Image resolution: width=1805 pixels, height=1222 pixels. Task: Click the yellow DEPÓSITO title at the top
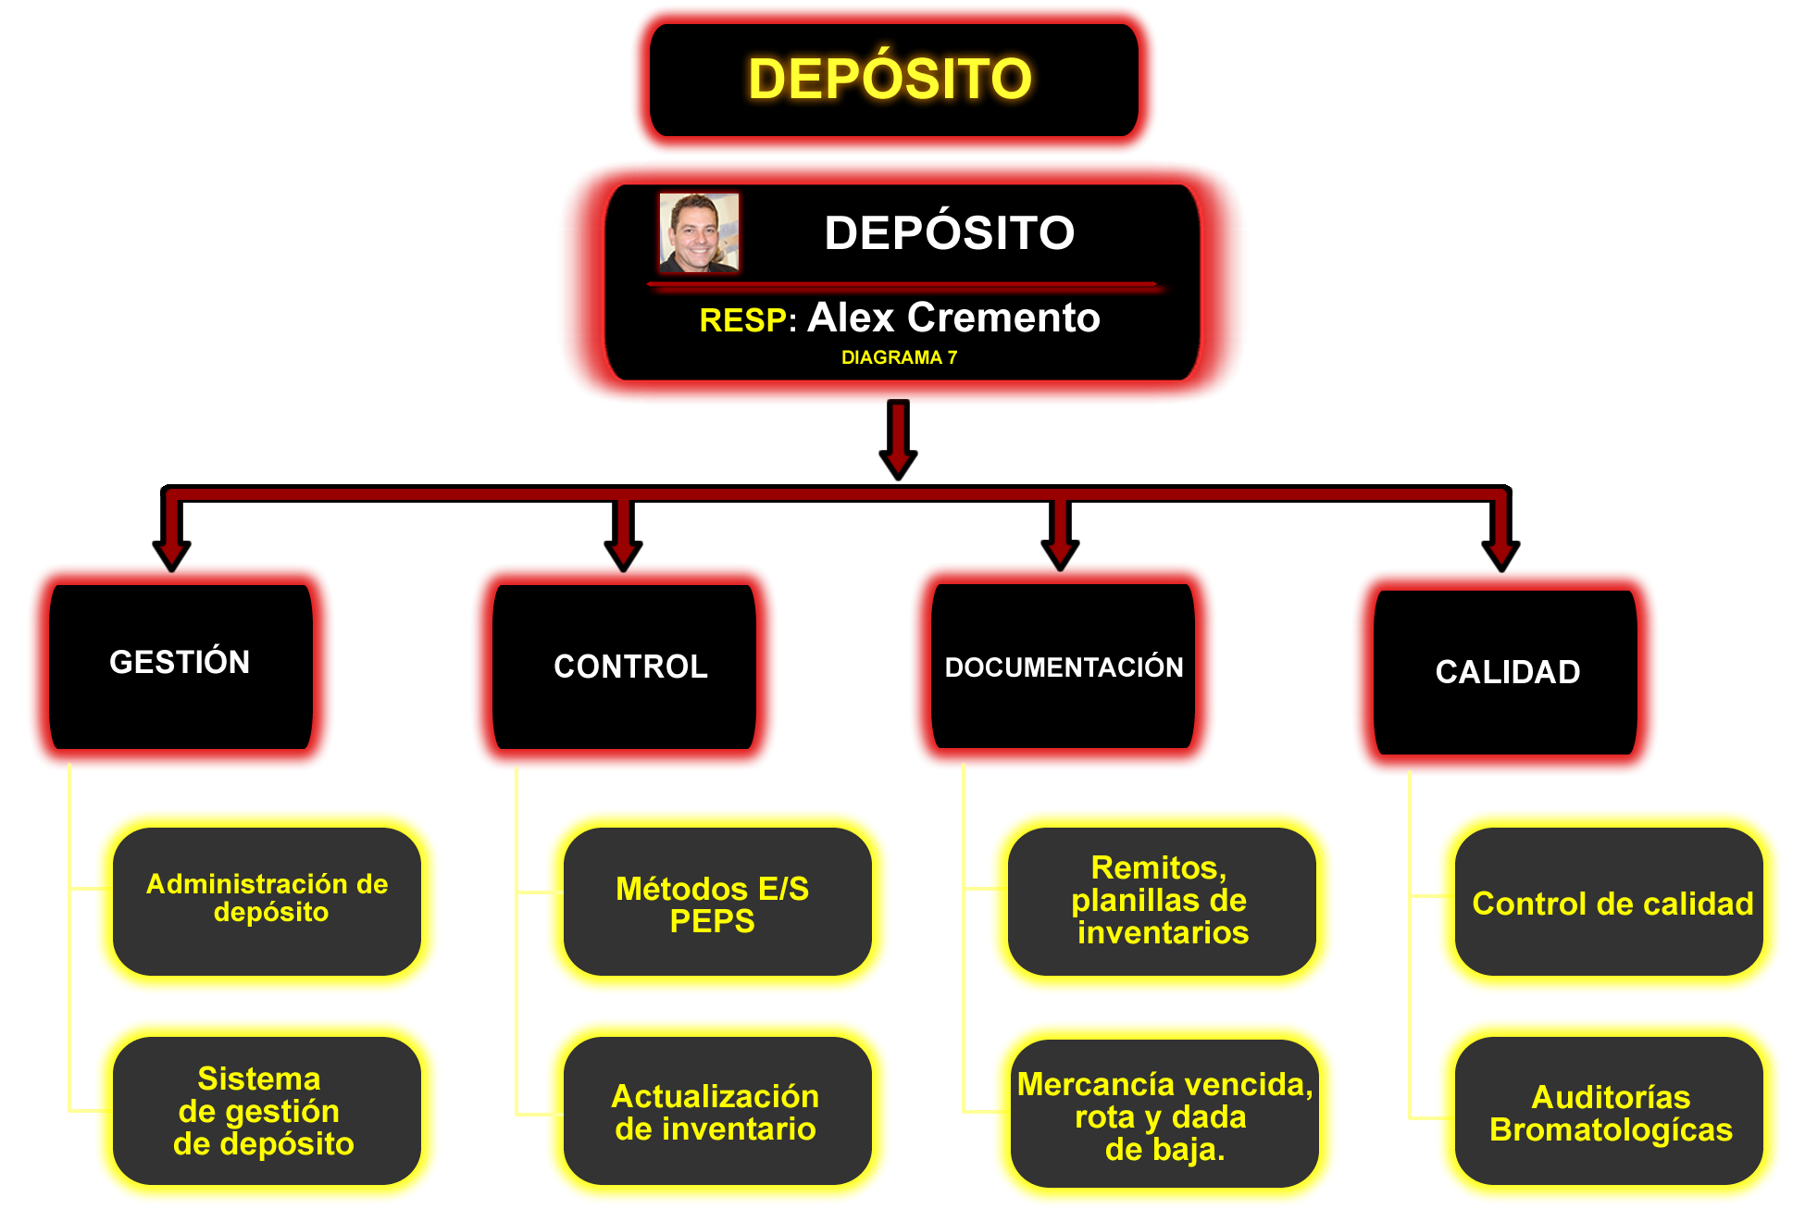click(890, 79)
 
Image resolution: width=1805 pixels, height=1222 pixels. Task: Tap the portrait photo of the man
click(699, 233)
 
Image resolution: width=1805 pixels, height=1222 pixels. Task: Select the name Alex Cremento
click(953, 318)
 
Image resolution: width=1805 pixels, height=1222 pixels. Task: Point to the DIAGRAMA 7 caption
click(899, 357)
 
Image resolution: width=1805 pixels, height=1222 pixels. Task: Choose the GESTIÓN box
click(180, 665)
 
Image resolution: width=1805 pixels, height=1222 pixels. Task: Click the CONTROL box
click(625, 667)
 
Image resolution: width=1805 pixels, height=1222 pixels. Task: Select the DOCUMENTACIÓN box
click(1064, 667)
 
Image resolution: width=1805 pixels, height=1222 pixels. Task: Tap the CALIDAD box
click(1506, 672)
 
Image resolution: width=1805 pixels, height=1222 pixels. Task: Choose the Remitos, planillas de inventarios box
click(1162, 901)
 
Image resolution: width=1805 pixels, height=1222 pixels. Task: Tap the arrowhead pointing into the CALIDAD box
click(1500, 555)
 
